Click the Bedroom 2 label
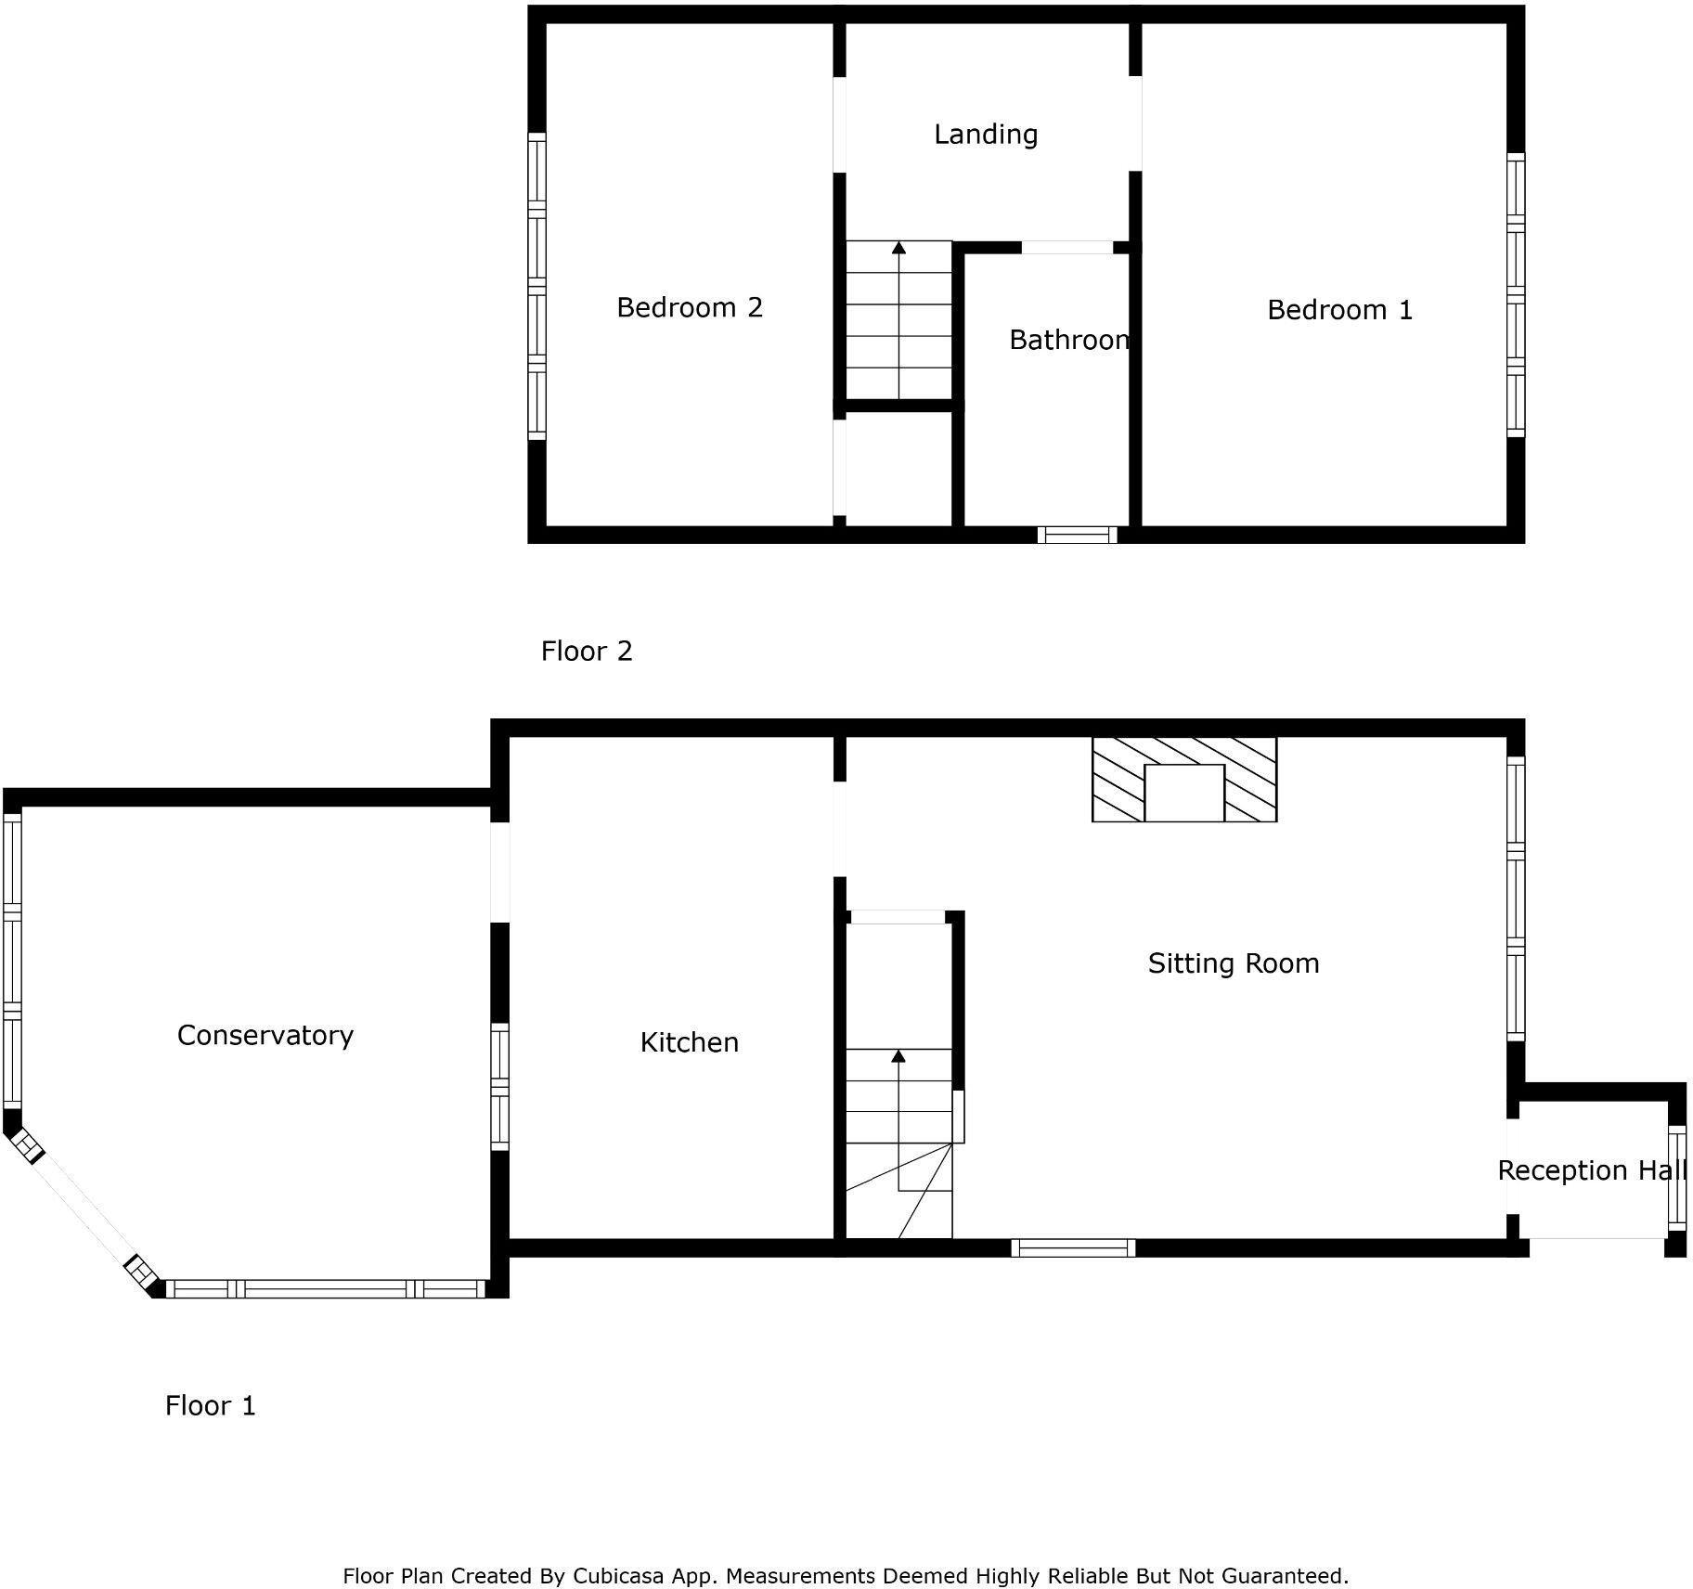[689, 307]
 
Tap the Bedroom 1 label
[1339, 310]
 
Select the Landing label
[985, 135]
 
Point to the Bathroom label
[1068, 340]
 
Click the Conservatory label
[265, 1035]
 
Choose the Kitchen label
[689, 1042]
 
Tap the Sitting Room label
[1233, 963]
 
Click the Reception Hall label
[1590, 1170]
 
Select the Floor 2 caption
[586, 652]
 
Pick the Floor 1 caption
[210, 1406]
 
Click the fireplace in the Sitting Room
[1183, 780]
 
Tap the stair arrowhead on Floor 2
[898, 248]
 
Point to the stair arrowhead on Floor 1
[898, 1056]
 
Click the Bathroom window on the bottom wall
[1077, 535]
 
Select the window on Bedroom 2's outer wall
[536, 285]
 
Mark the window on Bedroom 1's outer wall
[1515, 294]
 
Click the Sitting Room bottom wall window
[1073, 1248]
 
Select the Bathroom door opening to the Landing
[1066, 248]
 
